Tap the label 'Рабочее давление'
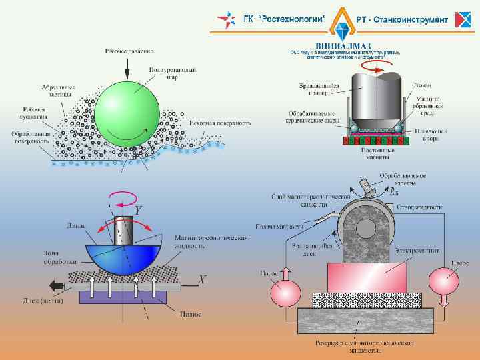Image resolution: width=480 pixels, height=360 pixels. pos(129,51)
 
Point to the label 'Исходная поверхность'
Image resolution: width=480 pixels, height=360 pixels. pos(219,123)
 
